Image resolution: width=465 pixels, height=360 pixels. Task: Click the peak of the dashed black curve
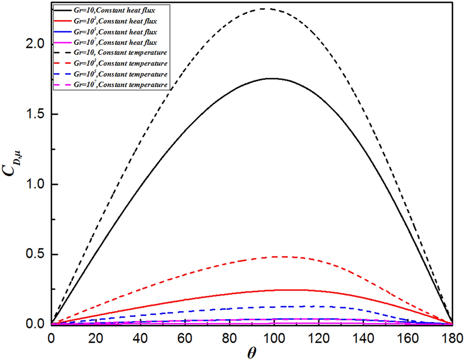264,8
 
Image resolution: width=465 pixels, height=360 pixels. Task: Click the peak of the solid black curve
271,78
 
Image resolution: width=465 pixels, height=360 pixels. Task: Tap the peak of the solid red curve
290,290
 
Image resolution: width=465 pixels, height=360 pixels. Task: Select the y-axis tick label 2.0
33,44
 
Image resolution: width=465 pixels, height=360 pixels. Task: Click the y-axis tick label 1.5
33,114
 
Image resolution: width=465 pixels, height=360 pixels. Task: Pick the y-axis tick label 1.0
33,184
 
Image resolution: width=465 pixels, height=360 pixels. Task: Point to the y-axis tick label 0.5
33,254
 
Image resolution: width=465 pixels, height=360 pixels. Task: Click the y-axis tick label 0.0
33,324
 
